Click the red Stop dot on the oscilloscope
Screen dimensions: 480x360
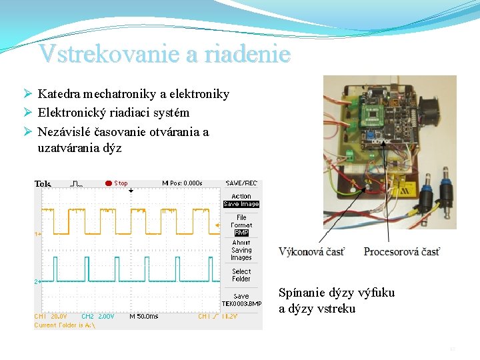(108, 183)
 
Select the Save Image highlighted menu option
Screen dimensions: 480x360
(241, 204)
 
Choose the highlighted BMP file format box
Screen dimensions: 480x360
(241, 233)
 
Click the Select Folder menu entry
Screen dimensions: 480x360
(241, 275)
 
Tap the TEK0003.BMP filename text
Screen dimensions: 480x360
(241, 303)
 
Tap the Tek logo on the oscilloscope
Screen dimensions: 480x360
(43, 184)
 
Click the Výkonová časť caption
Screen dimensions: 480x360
(311, 251)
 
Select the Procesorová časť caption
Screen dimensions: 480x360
(401, 251)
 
